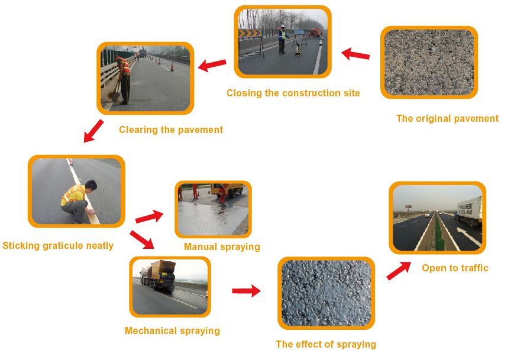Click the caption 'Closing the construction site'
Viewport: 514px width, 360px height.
pyautogui.click(x=293, y=93)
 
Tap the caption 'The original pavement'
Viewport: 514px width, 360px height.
pyautogui.click(x=447, y=119)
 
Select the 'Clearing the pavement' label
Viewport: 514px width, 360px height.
pyautogui.click(x=171, y=130)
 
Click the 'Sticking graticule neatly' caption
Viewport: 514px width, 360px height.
pyautogui.click(x=58, y=246)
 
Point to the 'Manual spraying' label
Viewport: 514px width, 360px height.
pyautogui.click(x=222, y=247)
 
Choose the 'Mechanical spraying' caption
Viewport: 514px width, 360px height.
pyautogui.click(x=172, y=331)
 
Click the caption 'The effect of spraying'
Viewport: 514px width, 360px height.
pyautogui.click(x=326, y=345)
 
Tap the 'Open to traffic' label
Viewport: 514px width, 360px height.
pyautogui.click(x=455, y=268)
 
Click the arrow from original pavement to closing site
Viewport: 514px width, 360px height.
pyautogui.click(x=355, y=54)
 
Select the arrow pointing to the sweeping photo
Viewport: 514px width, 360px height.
pyautogui.click(x=212, y=65)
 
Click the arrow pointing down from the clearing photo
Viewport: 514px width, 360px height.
pyautogui.click(x=93, y=131)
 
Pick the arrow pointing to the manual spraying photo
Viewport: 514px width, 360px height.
pyautogui.click(x=150, y=216)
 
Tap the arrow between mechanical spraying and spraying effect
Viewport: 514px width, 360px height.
pyautogui.click(x=247, y=291)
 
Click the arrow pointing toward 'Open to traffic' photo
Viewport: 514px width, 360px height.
pyautogui.click(x=399, y=271)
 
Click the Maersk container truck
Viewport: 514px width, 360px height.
pyautogui.click(x=470, y=211)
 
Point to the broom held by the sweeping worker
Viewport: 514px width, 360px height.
pyautogui.click(x=114, y=92)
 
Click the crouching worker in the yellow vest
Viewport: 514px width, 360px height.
pyautogui.click(x=78, y=202)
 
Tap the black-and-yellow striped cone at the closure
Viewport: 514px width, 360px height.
pyautogui.click(x=298, y=50)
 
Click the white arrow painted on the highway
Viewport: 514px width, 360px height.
pyautogui.click(x=470, y=236)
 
